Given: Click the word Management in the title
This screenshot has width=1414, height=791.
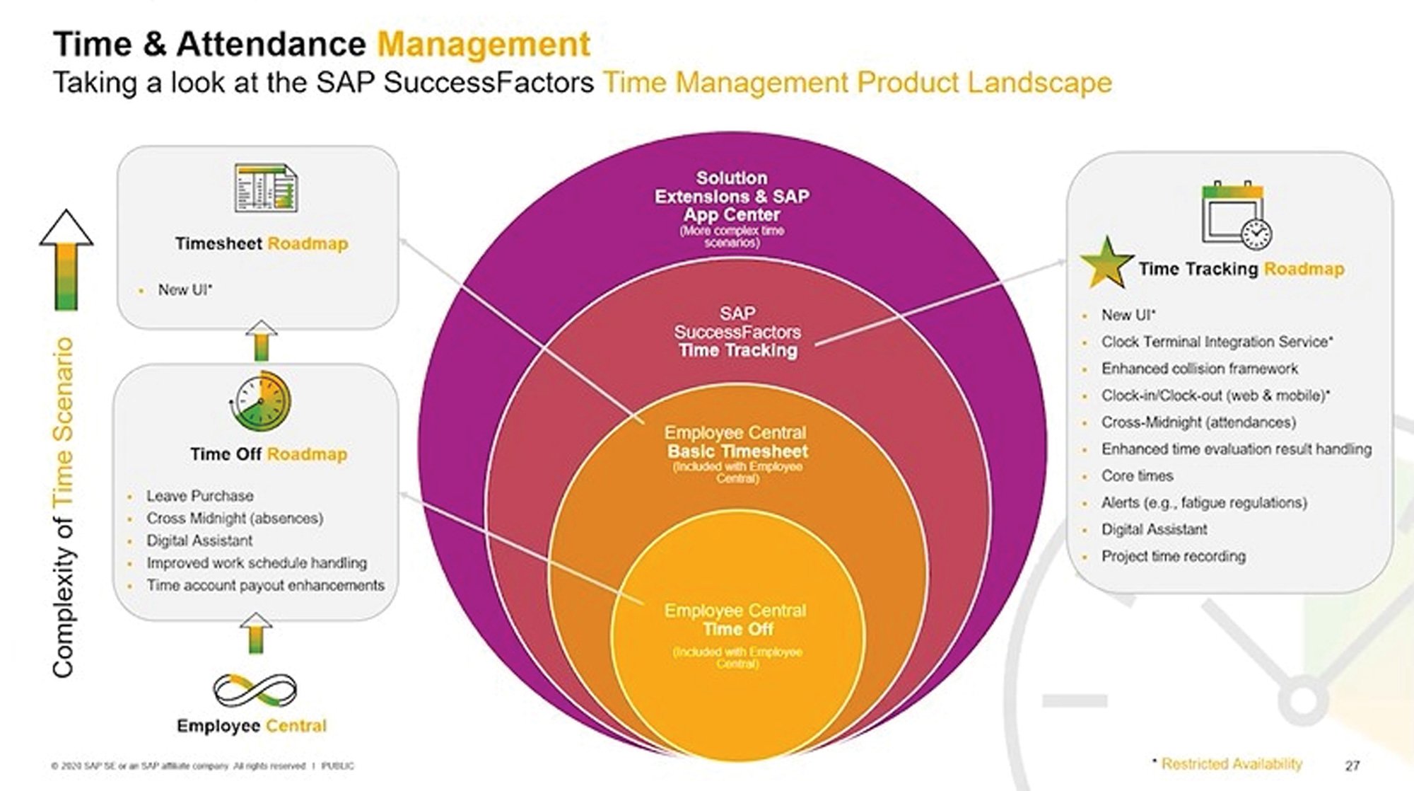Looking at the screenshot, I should (x=484, y=45).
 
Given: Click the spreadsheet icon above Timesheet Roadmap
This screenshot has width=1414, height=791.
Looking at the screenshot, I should (x=266, y=188).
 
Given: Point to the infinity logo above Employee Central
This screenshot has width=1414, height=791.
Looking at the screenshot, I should (x=255, y=690).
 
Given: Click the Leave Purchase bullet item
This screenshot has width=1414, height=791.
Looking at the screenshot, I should (x=199, y=496).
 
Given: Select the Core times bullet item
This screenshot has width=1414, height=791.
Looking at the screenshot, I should (x=1137, y=476).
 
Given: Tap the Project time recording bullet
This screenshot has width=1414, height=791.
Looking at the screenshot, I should (x=1173, y=557).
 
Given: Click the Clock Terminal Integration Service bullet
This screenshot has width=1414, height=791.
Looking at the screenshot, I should (x=1216, y=342).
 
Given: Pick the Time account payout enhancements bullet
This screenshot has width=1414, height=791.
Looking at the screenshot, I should (x=265, y=586).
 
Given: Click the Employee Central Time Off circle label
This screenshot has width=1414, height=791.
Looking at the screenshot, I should (x=735, y=620).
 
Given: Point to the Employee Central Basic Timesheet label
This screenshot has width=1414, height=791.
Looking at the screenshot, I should (x=737, y=443).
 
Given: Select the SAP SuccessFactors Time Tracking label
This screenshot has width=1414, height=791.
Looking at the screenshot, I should (x=737, y=332).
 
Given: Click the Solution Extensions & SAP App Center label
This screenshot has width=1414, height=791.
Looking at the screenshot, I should (x=732, y=197).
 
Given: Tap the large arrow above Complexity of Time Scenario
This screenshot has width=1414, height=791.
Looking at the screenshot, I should (x=66, y=259).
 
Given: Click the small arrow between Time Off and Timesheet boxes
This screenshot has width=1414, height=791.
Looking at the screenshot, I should (x=262, y=340).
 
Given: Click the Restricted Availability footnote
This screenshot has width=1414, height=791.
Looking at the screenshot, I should (x=1230, y=764).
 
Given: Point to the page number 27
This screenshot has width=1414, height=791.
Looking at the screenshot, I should (x=1352, y=766).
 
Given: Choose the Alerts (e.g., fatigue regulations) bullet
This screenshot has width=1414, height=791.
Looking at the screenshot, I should (x=1203, y=503).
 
